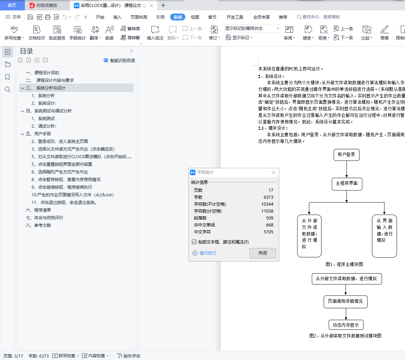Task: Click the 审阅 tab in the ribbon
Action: [178, 17]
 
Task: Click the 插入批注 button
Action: [155, 33]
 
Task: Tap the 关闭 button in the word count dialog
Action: [263, 253]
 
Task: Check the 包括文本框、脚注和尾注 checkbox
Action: [194, 242]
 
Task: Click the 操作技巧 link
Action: [208, 253]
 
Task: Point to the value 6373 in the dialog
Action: [268, 197]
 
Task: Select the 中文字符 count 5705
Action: [268, 232]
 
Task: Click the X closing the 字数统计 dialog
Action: [274, 172]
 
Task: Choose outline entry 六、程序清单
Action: [38, 210]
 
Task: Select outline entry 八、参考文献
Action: [38, 225]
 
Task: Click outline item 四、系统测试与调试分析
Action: [49, 111]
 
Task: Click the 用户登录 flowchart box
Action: [346, 155]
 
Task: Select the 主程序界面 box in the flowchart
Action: [347, 184]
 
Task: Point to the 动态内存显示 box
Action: [346, 325]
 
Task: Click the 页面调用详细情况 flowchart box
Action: [345, 301]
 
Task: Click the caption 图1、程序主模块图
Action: [344, 264]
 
